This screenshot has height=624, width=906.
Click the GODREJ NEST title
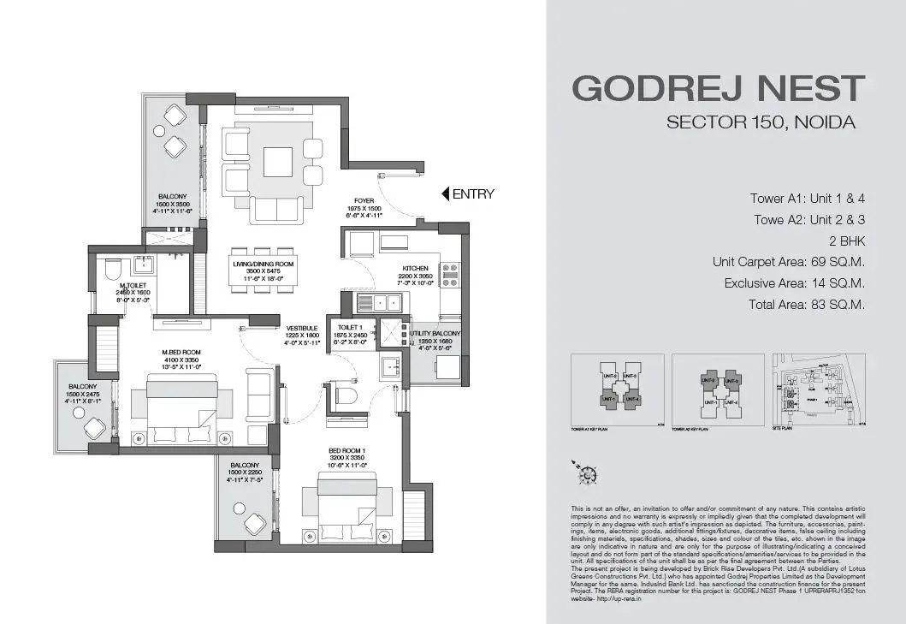718,89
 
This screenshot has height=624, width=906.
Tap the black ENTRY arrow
445,194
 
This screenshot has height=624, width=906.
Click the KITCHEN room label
415,269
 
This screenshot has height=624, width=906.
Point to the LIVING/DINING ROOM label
263,264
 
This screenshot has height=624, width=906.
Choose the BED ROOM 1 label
347,450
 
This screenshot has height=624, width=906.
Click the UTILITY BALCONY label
435,333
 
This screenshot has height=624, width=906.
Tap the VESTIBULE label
302,327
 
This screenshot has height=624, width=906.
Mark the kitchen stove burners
452,275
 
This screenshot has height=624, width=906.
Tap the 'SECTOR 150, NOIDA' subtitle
761,122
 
